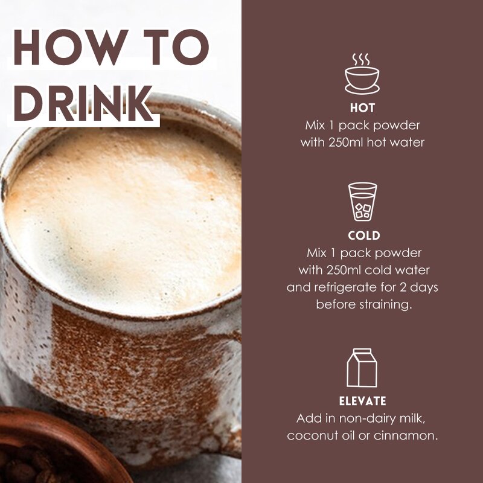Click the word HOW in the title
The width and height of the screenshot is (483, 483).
point(71,47)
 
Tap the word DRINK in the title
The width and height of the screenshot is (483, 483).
point(83,103)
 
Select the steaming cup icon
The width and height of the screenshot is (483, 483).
point(362,74)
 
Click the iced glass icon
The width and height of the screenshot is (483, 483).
point(363,202)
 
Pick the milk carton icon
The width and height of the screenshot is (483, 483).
point(362,368)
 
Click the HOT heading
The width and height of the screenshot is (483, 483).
point(362,108)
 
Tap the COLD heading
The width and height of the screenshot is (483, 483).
point(364,235)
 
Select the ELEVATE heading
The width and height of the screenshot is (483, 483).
point(362,401)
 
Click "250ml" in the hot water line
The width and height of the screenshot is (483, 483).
point(345,142)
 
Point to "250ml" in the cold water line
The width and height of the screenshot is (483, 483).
point(344,270)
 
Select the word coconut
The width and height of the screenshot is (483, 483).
point(313,436)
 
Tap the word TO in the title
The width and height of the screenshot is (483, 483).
point(176,47)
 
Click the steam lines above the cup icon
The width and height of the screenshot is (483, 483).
point(360,59)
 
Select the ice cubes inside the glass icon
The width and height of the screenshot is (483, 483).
point(363,211)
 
